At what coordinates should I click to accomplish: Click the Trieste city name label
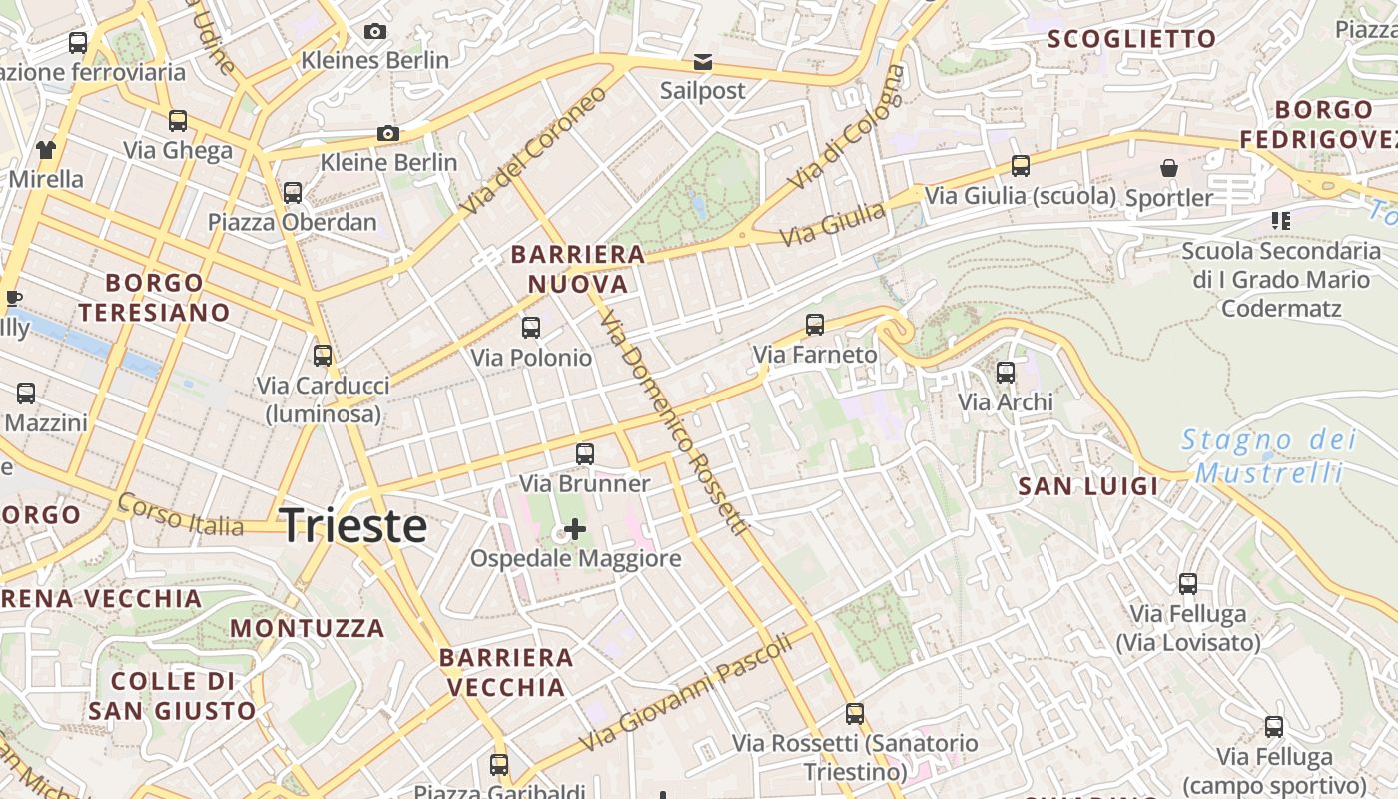click(x=353, y=525)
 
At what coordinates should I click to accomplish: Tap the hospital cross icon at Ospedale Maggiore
click(x=575, y=528)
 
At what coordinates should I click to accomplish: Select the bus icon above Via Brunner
click(x=585, y=454)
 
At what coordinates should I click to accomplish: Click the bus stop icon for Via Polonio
click(x=531, y=328)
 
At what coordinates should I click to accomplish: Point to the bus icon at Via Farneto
click(x=815, y=325)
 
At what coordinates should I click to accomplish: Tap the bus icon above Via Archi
click(x=1006, y=373)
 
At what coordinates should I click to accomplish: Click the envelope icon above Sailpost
click(x=703, y=62)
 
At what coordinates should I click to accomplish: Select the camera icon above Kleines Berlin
click(x=375, y=32)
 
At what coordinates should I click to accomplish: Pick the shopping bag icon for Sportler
click(x=1168, y=168)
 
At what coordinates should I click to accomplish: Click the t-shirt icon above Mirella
click(x=46, y=150)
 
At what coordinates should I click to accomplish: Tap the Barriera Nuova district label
click(x=578, y=269)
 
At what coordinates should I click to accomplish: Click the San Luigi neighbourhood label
click(x=1087, y=487)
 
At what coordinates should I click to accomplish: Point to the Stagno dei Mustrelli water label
click(x=1269, y=455)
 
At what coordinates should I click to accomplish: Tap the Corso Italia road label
click(x=180, y=514)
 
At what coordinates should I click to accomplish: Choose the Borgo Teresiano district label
click(x=155, y=298)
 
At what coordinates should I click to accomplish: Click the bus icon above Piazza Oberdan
click(x=293, y=193)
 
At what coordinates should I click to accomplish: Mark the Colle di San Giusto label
click(x=172, y=696)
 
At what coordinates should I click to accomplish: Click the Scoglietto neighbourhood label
click(x=1132, y=40)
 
